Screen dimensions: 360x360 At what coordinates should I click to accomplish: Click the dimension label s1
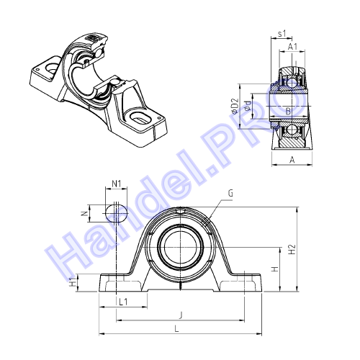click(282, 34)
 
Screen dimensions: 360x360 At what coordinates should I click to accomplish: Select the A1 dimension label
click(292, 47)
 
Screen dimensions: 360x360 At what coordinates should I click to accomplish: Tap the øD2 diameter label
click(235, 106)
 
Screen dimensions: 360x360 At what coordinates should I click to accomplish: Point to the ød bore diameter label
click(248, 106)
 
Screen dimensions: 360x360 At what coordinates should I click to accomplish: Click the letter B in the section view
click(288, 111)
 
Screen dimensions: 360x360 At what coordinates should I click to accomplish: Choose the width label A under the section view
click(292, 160)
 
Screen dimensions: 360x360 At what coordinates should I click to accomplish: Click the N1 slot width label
click(117, 184)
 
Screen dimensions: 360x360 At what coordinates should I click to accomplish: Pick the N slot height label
click(84, 213)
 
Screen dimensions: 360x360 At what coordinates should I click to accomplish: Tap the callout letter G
click(230, 193)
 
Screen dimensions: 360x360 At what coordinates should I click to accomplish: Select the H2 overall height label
click(292, 249)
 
